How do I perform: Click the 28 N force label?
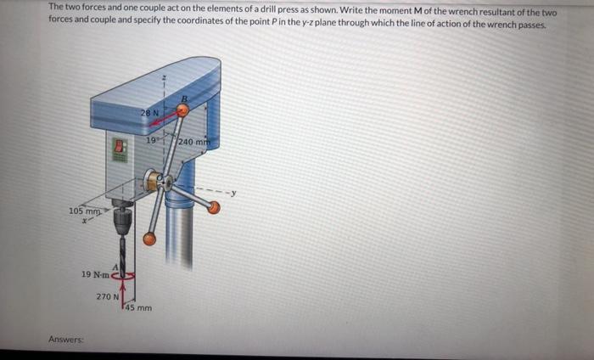[149, 113]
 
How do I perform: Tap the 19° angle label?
[152, 140]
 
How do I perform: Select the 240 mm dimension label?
[193, 142]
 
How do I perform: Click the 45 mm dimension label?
[138, 307]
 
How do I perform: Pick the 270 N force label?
[108, 296]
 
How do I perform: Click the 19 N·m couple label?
[95, 274]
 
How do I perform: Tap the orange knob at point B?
[182, 110]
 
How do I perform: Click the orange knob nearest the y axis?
[214, 208]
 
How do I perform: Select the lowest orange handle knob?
[149, 239]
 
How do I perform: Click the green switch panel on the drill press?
[120, 149]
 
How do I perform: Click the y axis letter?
[233, 193]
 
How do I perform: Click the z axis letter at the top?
[164, 77]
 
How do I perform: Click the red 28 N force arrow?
[163, 117]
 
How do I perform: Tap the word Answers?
[66, 339]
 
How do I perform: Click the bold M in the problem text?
[413, 10]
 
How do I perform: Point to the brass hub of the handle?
[152, 180]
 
